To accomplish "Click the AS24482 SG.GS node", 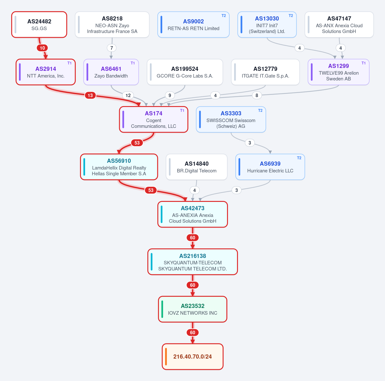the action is click(x=39, y=24).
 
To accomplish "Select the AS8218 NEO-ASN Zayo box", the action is click(x=112, y=24).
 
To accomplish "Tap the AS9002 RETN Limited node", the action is click(x=194, y=24).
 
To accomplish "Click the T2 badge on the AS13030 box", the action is click(x=291, y=16).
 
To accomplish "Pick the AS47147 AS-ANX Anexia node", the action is click(x=339, y=24).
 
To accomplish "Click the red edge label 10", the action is click(x=42, y=48).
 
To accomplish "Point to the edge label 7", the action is click(x=112, y=48).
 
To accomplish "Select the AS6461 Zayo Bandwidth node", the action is click(x=111, y=72).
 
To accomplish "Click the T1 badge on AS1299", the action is click(x=363, y=63).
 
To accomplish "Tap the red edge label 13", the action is click(x=90, y=95).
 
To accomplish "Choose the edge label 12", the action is click(x=128, y=95).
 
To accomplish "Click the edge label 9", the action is click(x=170, y=95).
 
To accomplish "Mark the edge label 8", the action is click(x=257, y=95).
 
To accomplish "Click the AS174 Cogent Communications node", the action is click(x=154, y=120).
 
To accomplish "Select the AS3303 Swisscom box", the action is click(x=231, y=120).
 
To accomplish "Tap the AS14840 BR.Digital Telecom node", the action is click(x=197, y=167).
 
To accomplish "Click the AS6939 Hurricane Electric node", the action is click(x=270, y=167).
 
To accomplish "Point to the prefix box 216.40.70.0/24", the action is click(x=193, y=357).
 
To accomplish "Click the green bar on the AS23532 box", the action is click(x=162, y=309).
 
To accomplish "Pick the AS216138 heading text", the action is click(x=193, y=256).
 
